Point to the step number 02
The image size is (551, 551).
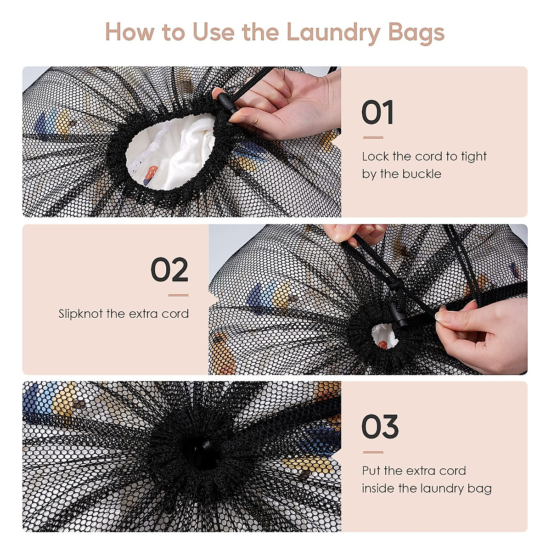click(x=169, y=270)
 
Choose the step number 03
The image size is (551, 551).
click(x=380, y=427)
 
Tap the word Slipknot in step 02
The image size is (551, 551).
click(x=80, y=314)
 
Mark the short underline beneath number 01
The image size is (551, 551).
click(x=373, y=138)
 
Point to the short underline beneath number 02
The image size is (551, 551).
click(x=179, y=295)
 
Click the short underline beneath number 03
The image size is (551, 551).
click(x=373, y=452)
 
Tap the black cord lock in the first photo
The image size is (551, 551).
click(x=227, y=103)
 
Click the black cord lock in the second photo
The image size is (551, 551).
click(x=398, y=314)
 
